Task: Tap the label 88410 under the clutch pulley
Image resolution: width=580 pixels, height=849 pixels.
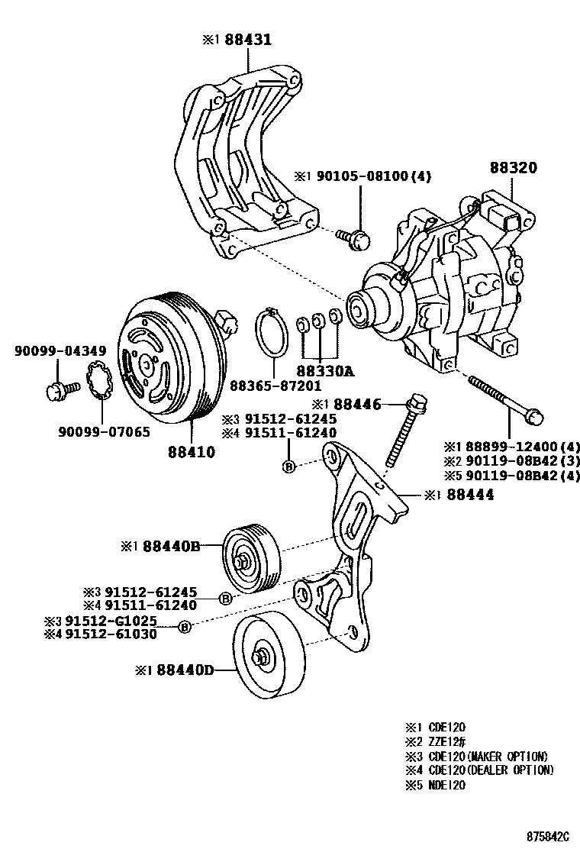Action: [192, 451]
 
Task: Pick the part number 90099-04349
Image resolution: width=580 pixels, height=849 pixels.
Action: [51, 352]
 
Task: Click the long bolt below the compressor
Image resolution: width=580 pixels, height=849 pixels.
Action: [504, 396]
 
